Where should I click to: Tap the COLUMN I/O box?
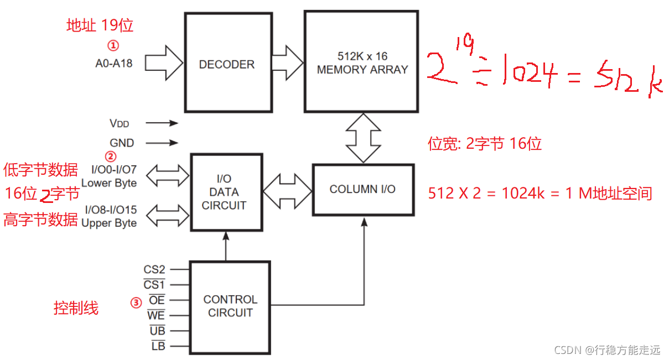(362, 189)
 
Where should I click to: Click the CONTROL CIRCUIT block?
(230, 306)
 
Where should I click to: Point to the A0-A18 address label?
(113, 63)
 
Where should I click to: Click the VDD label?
(119, 123)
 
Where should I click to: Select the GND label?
(122, 143)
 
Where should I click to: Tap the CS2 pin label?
(154, 270)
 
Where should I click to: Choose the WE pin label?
(156, 315)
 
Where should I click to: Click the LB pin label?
(158, 346)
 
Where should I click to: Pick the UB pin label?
(157, 331)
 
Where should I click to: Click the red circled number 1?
(112, 44)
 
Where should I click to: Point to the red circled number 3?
(136, 302)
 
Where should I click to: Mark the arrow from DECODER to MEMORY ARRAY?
(287, 60)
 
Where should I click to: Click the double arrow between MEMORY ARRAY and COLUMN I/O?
(363, 138)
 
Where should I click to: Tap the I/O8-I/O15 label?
(111, 210)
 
